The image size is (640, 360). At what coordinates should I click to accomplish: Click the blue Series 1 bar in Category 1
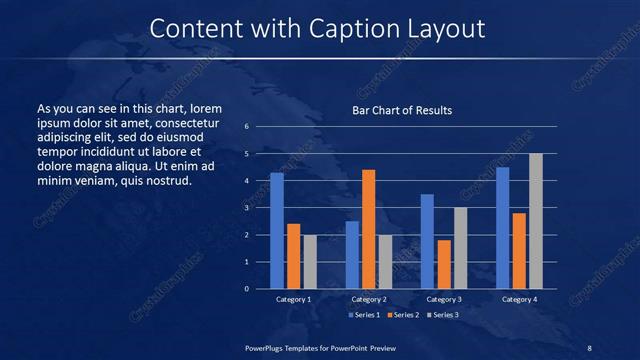pos(277,231)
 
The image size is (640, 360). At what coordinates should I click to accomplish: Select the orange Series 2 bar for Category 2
pos(369,229)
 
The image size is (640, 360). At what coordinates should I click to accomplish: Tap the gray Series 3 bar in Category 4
pos(536,221)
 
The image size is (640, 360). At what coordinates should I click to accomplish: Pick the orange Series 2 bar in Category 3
pos(444,264)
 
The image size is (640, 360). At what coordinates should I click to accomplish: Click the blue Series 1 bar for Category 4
pos(502,228)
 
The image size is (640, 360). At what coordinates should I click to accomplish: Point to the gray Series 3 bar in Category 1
pos(310,262)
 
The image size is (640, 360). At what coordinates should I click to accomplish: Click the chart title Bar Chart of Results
pos(402,110)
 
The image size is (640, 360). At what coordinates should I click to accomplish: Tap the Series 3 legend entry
pos(444,315)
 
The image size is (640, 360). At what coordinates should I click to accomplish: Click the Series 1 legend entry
pos(363,315)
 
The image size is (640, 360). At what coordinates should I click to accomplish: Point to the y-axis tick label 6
pos(247,127)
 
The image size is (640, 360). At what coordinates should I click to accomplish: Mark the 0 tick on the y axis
pos(247,289)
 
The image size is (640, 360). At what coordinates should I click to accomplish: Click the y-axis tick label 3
pos(247,208)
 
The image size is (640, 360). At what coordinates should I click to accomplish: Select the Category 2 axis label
pos(369,299)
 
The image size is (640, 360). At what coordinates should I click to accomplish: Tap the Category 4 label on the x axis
pos(519,299)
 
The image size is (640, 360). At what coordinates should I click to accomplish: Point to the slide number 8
pos(589,347)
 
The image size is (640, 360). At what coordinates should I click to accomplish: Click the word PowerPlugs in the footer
pos(264,347)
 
